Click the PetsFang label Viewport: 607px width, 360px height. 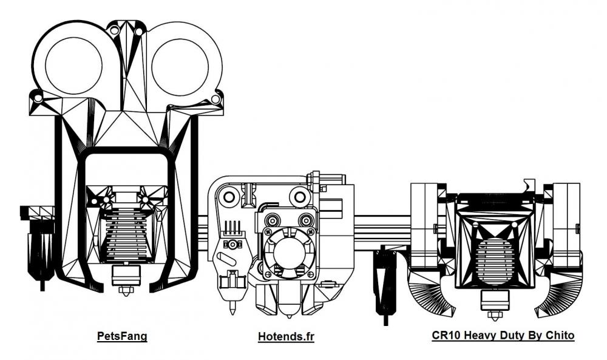click(x=122, y=336)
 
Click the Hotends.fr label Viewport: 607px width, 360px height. click(x=286, y=336)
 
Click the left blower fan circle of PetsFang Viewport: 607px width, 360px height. click(x=73, y=66)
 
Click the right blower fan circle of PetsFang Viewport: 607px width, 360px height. click(x=180, y=66)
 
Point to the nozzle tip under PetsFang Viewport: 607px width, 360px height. click(x=126, y=292)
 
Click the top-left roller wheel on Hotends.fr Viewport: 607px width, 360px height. click(x=228, y=197)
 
